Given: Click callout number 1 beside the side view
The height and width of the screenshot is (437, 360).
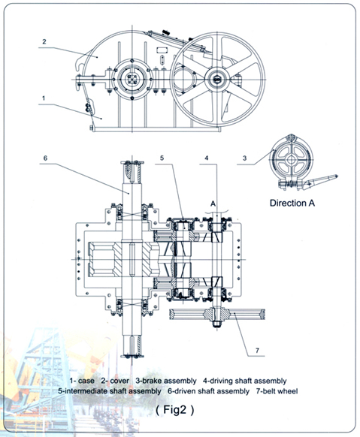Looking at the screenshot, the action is (44, 98).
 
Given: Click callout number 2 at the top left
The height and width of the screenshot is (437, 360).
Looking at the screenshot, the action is (44, 42).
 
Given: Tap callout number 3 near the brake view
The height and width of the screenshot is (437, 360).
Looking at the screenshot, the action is (244, 158).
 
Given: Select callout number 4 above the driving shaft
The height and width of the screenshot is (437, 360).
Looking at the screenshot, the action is (207, 158).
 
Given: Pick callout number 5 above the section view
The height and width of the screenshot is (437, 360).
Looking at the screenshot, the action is (162, 158).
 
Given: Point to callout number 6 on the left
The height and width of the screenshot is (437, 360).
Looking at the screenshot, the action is (45, 158).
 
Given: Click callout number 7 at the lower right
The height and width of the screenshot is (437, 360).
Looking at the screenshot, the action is (257, 351).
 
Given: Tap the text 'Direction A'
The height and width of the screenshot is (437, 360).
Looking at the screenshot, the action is (292, 203).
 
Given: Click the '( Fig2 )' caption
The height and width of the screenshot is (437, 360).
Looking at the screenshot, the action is (175, 410).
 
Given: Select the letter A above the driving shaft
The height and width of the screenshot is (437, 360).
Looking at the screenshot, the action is (213, 203).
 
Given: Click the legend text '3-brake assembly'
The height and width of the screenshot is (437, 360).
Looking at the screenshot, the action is (166, 381).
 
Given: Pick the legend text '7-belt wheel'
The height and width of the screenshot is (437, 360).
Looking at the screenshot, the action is (277, 391).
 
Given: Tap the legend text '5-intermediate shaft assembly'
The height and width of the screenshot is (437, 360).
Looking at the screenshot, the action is (110, 391).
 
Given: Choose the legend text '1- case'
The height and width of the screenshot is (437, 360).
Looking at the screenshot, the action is (82, 381).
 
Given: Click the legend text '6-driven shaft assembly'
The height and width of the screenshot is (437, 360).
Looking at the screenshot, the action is (208, 391).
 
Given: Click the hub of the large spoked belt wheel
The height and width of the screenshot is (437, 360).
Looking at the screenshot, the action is (217, 80).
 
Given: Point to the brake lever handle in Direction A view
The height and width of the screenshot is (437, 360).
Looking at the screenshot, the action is (321, 181).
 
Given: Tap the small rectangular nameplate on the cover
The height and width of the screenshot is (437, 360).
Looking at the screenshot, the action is (162, 50).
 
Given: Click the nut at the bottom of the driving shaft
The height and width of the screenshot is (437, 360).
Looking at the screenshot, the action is (216, 324).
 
